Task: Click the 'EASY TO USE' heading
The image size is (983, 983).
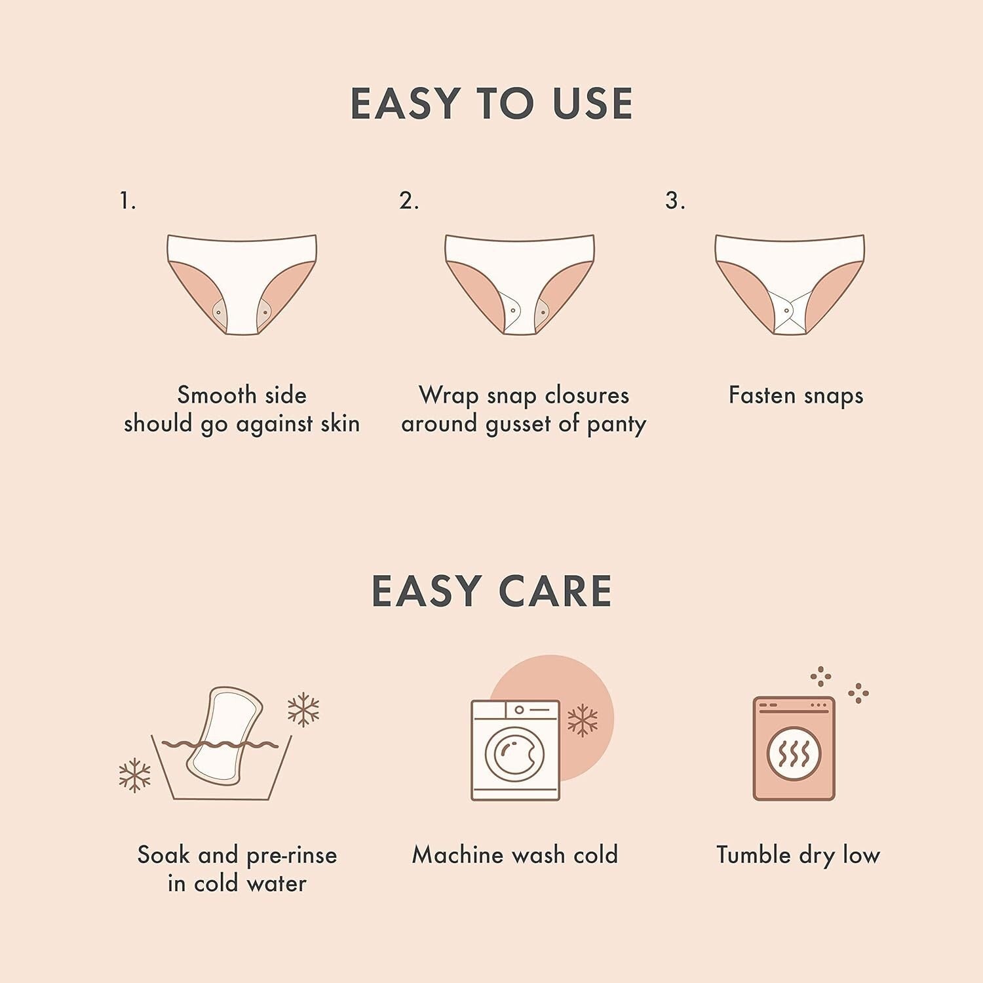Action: click(491, 104)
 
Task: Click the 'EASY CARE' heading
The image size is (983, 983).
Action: click(491, 591)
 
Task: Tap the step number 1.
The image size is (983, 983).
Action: click(127, 201)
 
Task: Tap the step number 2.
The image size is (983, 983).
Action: click(408, 201)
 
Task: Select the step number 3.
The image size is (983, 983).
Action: click(674, 201)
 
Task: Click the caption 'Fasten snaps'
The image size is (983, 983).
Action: click(796, 395)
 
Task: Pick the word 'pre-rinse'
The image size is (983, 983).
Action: click(292, 856)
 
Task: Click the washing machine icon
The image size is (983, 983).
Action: click(516, 750)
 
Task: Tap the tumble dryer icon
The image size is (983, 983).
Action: click(794, 748)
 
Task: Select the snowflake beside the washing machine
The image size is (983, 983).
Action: click(582, 721)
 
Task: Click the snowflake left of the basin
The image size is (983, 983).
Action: click(134, 775)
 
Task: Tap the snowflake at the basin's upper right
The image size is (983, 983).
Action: click(303, 710)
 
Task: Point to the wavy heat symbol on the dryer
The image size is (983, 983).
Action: click(794, 756)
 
